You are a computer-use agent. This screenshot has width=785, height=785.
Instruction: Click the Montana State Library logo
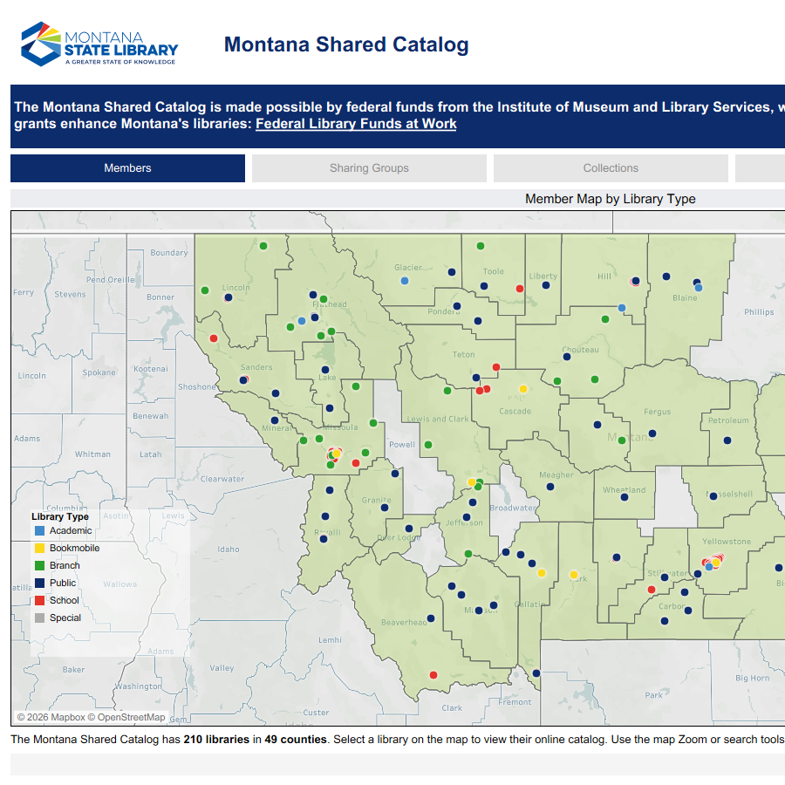(99, 44)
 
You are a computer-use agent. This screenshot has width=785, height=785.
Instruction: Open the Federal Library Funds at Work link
(356, 124)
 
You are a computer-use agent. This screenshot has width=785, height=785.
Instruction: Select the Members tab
(127, 168)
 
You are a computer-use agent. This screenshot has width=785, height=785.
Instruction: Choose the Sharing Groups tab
(369, 168)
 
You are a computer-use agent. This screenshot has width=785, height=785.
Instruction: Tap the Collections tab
(611, 168)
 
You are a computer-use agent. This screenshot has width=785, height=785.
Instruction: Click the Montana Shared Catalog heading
(346, 44)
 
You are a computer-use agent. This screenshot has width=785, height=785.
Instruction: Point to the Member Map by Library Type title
(610, 199)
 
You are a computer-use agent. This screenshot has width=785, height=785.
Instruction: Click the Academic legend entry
(70, 530)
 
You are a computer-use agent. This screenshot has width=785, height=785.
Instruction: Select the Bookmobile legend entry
(74, 548)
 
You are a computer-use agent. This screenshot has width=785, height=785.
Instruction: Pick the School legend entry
(65, 600)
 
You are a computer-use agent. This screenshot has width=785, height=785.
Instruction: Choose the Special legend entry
(65, 618)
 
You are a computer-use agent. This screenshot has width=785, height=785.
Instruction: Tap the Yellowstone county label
(727, 542)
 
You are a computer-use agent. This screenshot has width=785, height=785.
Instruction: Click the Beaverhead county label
(404, 622)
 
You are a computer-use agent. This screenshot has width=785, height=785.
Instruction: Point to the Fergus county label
(658, 412)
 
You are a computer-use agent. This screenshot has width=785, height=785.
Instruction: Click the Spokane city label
(99, 372)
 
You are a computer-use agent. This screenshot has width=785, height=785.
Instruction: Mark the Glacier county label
(408, 268)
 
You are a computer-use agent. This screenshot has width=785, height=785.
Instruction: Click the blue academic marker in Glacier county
(405, 281)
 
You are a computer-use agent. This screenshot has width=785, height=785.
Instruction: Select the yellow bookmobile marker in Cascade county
(523, 389)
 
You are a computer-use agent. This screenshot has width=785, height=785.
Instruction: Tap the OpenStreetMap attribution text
(131, 717)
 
